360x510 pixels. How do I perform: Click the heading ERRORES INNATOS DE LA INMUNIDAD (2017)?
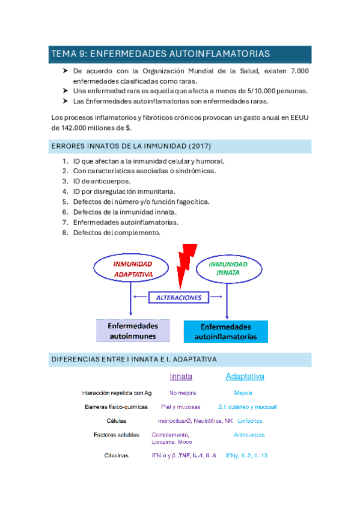(131, 147)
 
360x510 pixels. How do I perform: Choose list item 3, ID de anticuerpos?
(101, 181)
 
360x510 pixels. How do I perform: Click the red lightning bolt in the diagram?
(188, 266)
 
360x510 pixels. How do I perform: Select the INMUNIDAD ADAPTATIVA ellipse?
(132, 269)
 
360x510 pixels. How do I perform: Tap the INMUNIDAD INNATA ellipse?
(228, 268)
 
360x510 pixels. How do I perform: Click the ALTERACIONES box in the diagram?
(178, 297)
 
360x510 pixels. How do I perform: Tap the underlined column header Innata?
(181, 376)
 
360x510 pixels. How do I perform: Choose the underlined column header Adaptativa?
(245, 376)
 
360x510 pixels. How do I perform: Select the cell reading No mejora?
(183, 393)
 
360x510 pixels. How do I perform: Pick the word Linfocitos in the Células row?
(249, 420)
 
